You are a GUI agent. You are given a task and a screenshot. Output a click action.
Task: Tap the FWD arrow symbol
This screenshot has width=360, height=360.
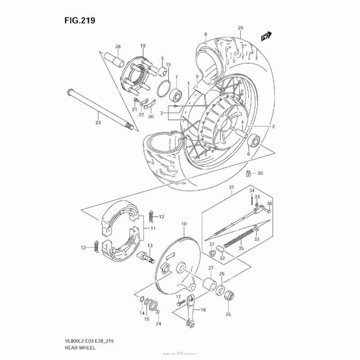(x=265, y=36)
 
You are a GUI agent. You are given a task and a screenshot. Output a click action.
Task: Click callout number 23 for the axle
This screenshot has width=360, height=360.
(x=98, y=122)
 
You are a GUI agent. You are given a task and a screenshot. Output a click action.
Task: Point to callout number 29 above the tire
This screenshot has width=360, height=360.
(x=240, y=28)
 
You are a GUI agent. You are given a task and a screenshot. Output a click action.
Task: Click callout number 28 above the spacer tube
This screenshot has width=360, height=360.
(x=118, y=47)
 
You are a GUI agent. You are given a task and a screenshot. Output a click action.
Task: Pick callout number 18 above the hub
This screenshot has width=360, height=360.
(x=143, y=46)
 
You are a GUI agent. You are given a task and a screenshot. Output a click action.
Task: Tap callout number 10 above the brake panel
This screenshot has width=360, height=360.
(x=184, y=224)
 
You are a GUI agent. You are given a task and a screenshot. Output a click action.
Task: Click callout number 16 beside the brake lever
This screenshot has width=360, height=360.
(x=202, y=310)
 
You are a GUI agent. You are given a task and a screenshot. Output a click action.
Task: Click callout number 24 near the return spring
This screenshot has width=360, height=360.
(x=158, y=324)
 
